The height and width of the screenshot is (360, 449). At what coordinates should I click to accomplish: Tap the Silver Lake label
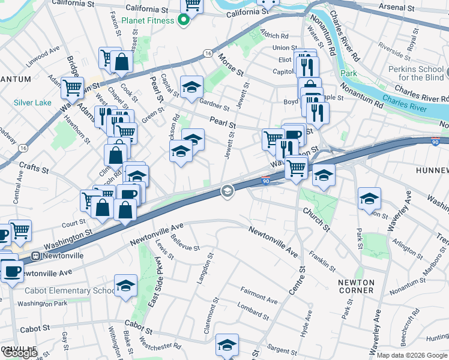tap(33, 103)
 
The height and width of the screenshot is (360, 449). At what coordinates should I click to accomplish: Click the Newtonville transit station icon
tap(35, 255)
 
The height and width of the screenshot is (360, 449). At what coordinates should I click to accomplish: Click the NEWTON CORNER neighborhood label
tap(356, 286)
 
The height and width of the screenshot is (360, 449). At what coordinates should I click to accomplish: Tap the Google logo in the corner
tap(19, 353)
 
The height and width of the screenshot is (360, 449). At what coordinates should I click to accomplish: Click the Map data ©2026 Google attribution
tap(412, 355)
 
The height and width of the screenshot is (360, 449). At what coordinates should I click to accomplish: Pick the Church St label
tap(317, 220)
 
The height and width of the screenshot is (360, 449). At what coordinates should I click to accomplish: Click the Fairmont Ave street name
tap(259, 295)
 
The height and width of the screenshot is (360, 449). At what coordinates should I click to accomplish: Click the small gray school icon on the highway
tap(227, 191)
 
